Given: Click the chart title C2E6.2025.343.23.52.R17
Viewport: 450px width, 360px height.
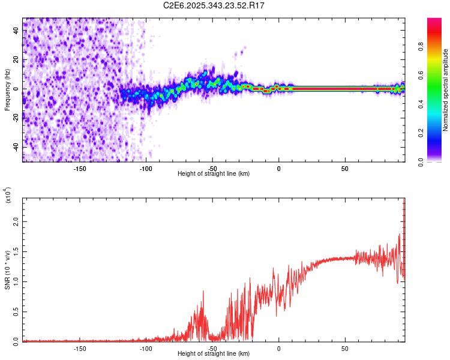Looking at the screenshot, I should tap(214, 5).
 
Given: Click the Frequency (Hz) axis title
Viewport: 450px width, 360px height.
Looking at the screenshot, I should tap(7, 90).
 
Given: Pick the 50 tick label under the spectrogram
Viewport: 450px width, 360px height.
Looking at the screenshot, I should tap(345, 167).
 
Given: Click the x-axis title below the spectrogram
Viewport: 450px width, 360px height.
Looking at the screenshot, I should tap(214, 174).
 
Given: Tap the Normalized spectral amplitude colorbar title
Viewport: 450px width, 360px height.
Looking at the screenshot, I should tap(446, 90).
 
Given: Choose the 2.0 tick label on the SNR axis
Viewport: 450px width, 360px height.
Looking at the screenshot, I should tap(16, 222).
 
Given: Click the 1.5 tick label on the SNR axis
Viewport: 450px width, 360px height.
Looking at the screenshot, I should tap(16, 251).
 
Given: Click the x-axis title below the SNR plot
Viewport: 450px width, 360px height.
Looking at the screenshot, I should tap(214, 354).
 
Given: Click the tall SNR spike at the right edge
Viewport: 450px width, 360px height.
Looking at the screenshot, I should tap(404, 207).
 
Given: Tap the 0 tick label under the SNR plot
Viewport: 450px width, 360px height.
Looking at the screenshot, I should tap(278, 348).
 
